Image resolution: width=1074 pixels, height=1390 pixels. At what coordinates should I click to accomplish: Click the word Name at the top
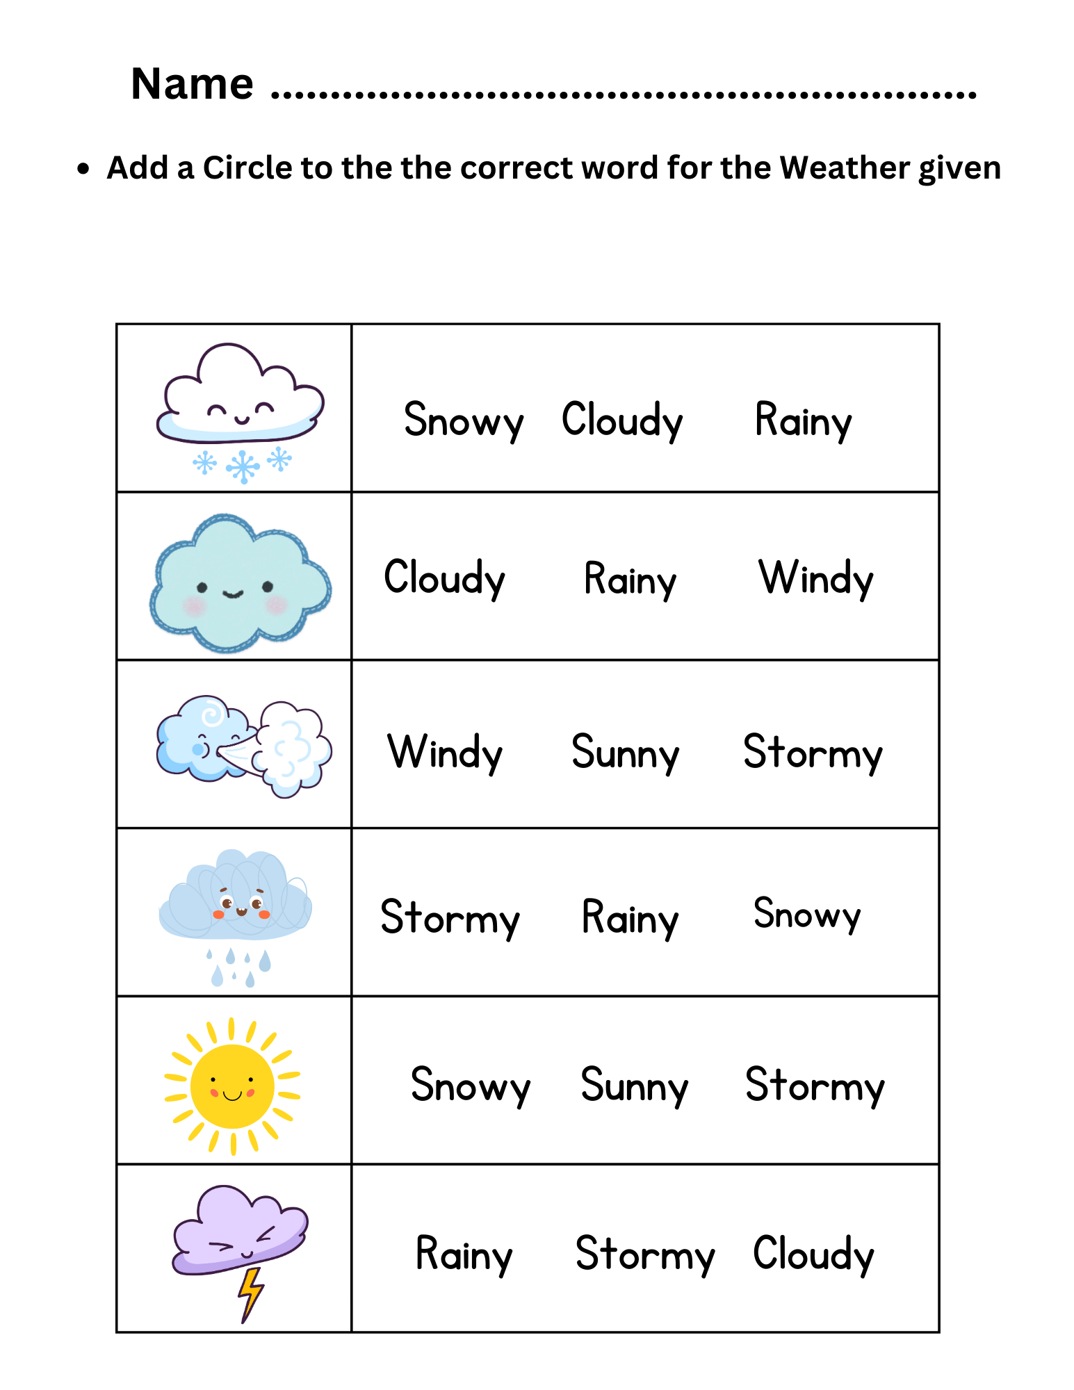(192, 84)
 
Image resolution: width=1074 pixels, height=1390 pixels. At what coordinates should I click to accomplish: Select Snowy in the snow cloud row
(463, 420)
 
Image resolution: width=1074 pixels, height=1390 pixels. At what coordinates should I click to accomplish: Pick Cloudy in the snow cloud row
(622, 420)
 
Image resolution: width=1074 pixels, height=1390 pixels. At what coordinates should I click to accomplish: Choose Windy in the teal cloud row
(815, 578)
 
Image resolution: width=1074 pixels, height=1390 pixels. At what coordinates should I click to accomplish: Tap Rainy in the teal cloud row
(630, 580)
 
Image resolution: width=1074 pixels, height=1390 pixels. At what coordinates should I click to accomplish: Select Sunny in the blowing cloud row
(625, 753)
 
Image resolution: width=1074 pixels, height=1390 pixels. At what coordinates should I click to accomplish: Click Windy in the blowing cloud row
(445, 753)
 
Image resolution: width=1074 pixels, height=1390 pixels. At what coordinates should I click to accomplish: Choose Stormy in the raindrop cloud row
(450, 918)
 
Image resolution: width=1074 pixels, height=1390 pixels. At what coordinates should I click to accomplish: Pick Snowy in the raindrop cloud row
(807, 915)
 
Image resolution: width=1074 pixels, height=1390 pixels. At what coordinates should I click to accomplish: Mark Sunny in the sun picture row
(634, 1086)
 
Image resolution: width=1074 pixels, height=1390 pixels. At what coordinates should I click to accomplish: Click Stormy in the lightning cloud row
(645, 1255)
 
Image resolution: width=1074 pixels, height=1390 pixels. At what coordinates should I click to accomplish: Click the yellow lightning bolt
(250, 1293)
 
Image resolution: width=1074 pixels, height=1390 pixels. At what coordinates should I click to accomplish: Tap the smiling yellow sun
(232, 1086)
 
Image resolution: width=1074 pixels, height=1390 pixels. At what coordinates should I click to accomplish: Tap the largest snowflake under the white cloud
(243, 466)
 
